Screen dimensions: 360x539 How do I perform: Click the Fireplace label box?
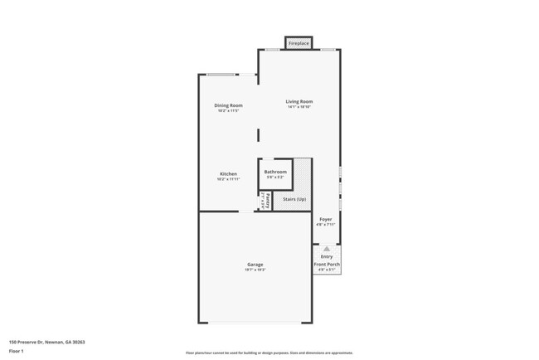click(x=299, y=43)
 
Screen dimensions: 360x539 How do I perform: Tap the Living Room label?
click(x=299, y=101)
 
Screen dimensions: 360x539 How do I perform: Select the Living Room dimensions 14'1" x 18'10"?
click(x=299, y=107)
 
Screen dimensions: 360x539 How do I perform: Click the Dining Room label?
click(x=228, y=105)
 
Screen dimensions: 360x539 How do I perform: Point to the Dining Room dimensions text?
click(x=228, y=111)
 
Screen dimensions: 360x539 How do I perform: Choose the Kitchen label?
click(x=228, y=174)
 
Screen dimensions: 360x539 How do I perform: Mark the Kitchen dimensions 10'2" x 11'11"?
click(x=228, y=179)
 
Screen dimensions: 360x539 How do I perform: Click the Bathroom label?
click(x=275, y=172)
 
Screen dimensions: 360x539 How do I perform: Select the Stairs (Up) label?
click(x=294, y=199)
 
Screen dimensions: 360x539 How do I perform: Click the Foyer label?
click(x=326, y=219)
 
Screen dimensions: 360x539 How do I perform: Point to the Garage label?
click(x=255, y=265)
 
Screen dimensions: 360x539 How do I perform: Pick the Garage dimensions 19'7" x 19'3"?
click(x=255, y=270)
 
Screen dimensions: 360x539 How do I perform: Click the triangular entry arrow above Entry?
click(x=327, y=248)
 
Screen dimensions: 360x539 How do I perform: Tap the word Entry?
click(x=327, y=256)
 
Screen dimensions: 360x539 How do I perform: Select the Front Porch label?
click(x=327, y=264)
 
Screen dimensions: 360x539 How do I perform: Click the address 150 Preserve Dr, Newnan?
click(x=47, y=342)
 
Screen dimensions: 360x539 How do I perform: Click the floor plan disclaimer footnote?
click(x=269, y=353)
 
